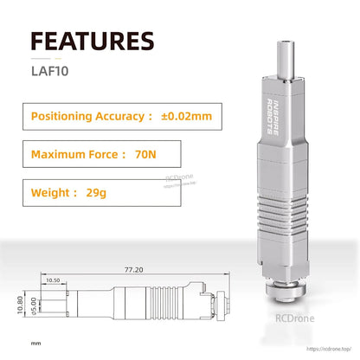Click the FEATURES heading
coord(93,41)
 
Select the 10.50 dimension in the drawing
coord(53,280)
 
